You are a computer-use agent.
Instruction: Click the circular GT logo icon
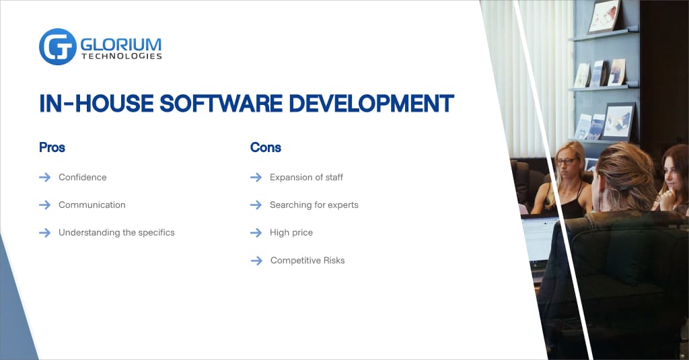pyautogui.click(x=57, y=46)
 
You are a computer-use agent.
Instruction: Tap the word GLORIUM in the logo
pyautogui.click(x=121, y=43)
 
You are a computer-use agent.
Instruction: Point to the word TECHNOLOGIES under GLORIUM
pyautogui.click(x=121, y=57)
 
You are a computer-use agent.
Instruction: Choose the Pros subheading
pyautogui.click(x=52, y=147)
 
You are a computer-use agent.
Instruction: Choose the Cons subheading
pyautogui.click(x=265, y=147)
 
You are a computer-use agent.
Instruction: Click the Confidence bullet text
pyautogui.click(x=82, y=178)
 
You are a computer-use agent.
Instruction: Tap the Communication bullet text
pyautogui.click(x=92, y=205)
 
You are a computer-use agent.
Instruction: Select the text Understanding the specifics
pyautogui.click(x=116, y=232)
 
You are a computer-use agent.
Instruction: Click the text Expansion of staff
pyautogui.click(x=306, y=178)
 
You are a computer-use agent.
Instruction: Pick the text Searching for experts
pyautogui.click(x=314, y=205)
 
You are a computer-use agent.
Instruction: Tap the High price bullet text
pyautogui.click(x=291, y=232)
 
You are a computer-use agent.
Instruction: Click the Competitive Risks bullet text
pyautogui.click(x=307, y=260)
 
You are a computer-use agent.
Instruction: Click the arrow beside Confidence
pyautogui.click(x=45, y=178)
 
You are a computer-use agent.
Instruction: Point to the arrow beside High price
pyautogui.click(x=256, y=232)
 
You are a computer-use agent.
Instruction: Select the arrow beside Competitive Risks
pyautogui.click(x=256, y=260)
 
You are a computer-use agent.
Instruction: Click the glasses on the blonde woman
pyautogui.click(x=567, y=161)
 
